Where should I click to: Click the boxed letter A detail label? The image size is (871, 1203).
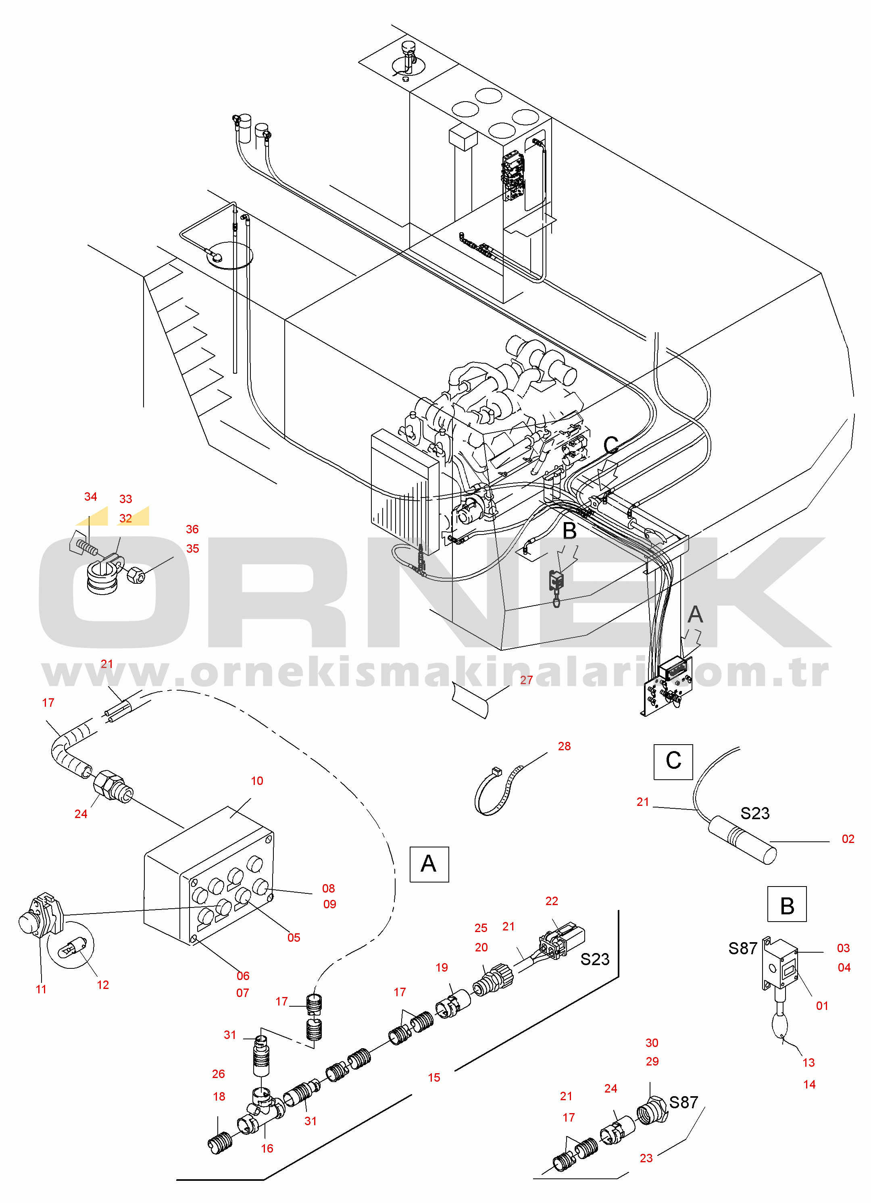(429, 864)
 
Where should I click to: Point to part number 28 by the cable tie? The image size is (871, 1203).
(564, 746)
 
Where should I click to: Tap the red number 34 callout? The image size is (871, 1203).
(91, 496)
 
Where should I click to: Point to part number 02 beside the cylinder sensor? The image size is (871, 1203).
(848, 839)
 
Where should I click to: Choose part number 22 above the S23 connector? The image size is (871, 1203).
(552, 901)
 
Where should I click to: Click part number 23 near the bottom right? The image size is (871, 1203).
(646, 1158)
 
